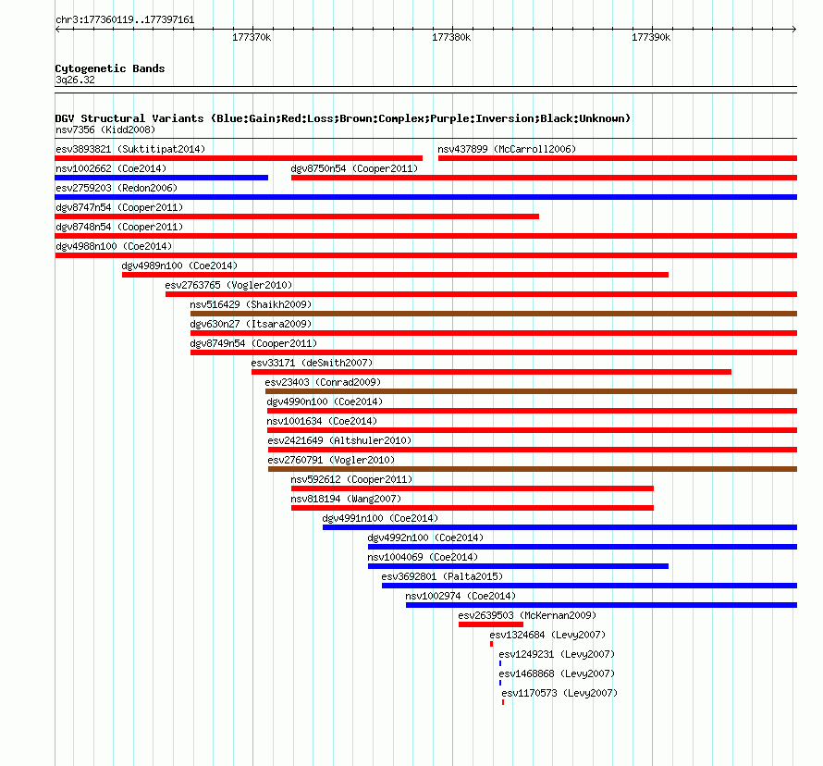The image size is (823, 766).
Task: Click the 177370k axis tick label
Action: tap(252, 37)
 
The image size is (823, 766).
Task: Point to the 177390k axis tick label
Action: tap(651, 37)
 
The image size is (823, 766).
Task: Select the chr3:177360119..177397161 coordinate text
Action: tap(125, 20)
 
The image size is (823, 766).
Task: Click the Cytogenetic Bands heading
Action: tap(110, 68)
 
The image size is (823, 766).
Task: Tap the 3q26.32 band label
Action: tap(75, 80)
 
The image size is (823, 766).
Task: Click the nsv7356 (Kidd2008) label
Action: tap(105, 130)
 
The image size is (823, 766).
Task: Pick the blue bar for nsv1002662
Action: tap(162, 178)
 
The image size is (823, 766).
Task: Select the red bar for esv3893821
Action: tap(239, 158)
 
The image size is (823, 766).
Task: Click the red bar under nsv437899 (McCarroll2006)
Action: tap(618, 158)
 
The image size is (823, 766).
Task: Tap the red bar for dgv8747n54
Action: tap(297, 216)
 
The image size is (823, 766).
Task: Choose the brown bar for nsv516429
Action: tap(494, 314)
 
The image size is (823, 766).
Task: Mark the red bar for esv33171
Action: tap(491, 372)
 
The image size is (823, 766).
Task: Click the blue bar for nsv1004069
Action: tap(518, 566)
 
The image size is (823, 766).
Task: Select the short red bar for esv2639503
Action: tap(491, 624)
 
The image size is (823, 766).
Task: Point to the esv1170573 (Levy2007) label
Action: tap(559, 693)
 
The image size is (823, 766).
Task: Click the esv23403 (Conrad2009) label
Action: tap(323, 382)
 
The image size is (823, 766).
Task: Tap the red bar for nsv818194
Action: tap(473, 508)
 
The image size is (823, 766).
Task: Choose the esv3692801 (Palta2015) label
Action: tap(442, 576)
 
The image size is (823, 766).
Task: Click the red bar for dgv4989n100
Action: tap(395, 275)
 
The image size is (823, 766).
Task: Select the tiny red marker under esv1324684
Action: tap(491, 644)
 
